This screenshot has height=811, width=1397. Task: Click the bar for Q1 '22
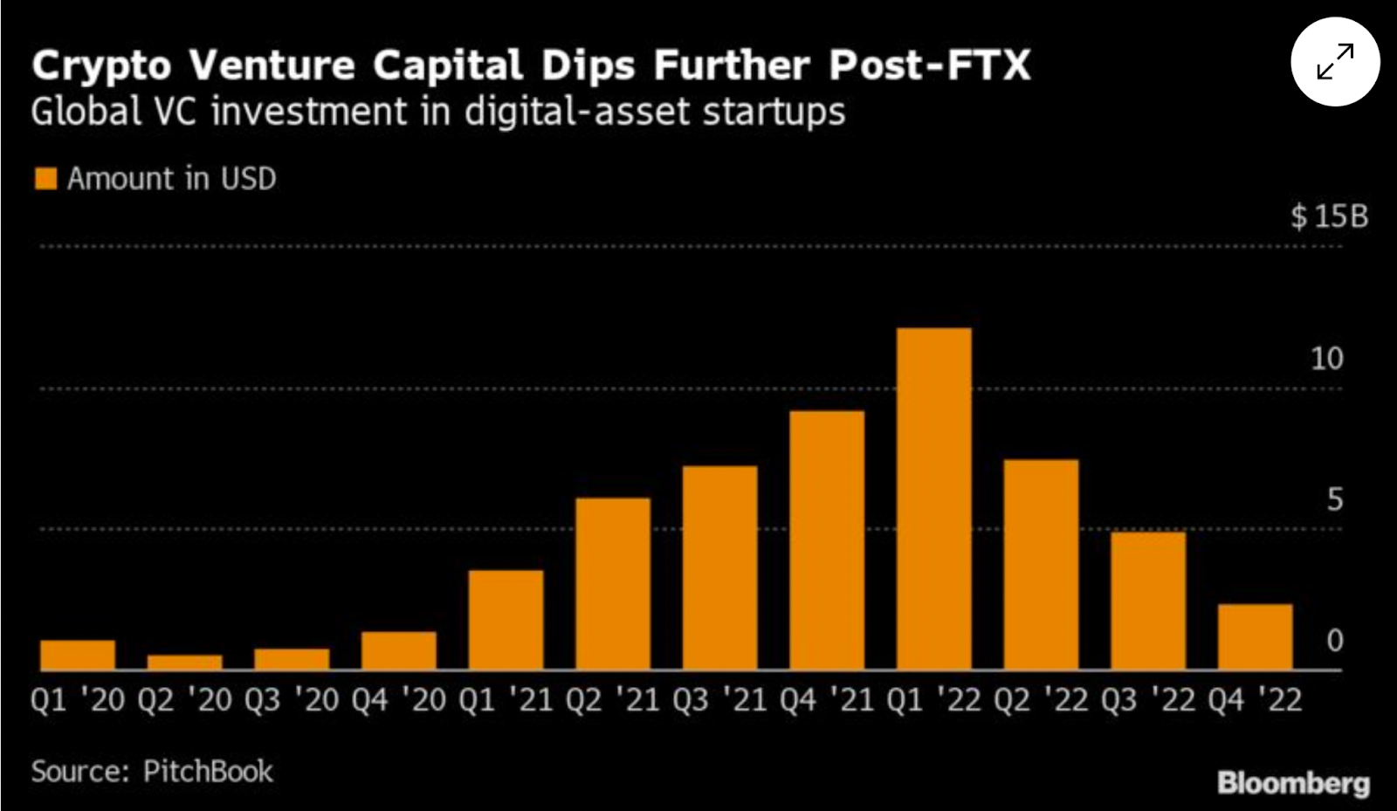(x=933, y=498)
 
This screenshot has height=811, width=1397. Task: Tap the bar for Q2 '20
(x=184, y=662)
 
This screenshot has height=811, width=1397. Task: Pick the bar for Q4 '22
(x=1255, y=636)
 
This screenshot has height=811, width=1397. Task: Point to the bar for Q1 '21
(x=506, y=620)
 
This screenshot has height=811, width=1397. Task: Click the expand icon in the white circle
(x=1335, y=62)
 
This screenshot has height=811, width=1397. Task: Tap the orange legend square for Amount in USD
(x=45, y=179)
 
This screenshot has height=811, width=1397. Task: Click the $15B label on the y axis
(x=1329, y=216)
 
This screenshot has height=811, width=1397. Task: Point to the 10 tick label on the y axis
(x=1326, y=358)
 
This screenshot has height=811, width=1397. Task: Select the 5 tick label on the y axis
(x=1334, y=499)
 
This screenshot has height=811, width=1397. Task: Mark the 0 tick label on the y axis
(x=1334, y=641)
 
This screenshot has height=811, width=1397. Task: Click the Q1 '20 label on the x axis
(x=78, y=699)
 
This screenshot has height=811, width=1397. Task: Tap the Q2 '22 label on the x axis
(x=1041, y=699)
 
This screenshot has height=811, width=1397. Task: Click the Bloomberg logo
(x=1293, y=782)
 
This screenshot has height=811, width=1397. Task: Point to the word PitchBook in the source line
(x=208, y=771)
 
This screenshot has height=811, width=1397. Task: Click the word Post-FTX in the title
(x=930, y=65)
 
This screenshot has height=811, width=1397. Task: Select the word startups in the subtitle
(x=774, y=113)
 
